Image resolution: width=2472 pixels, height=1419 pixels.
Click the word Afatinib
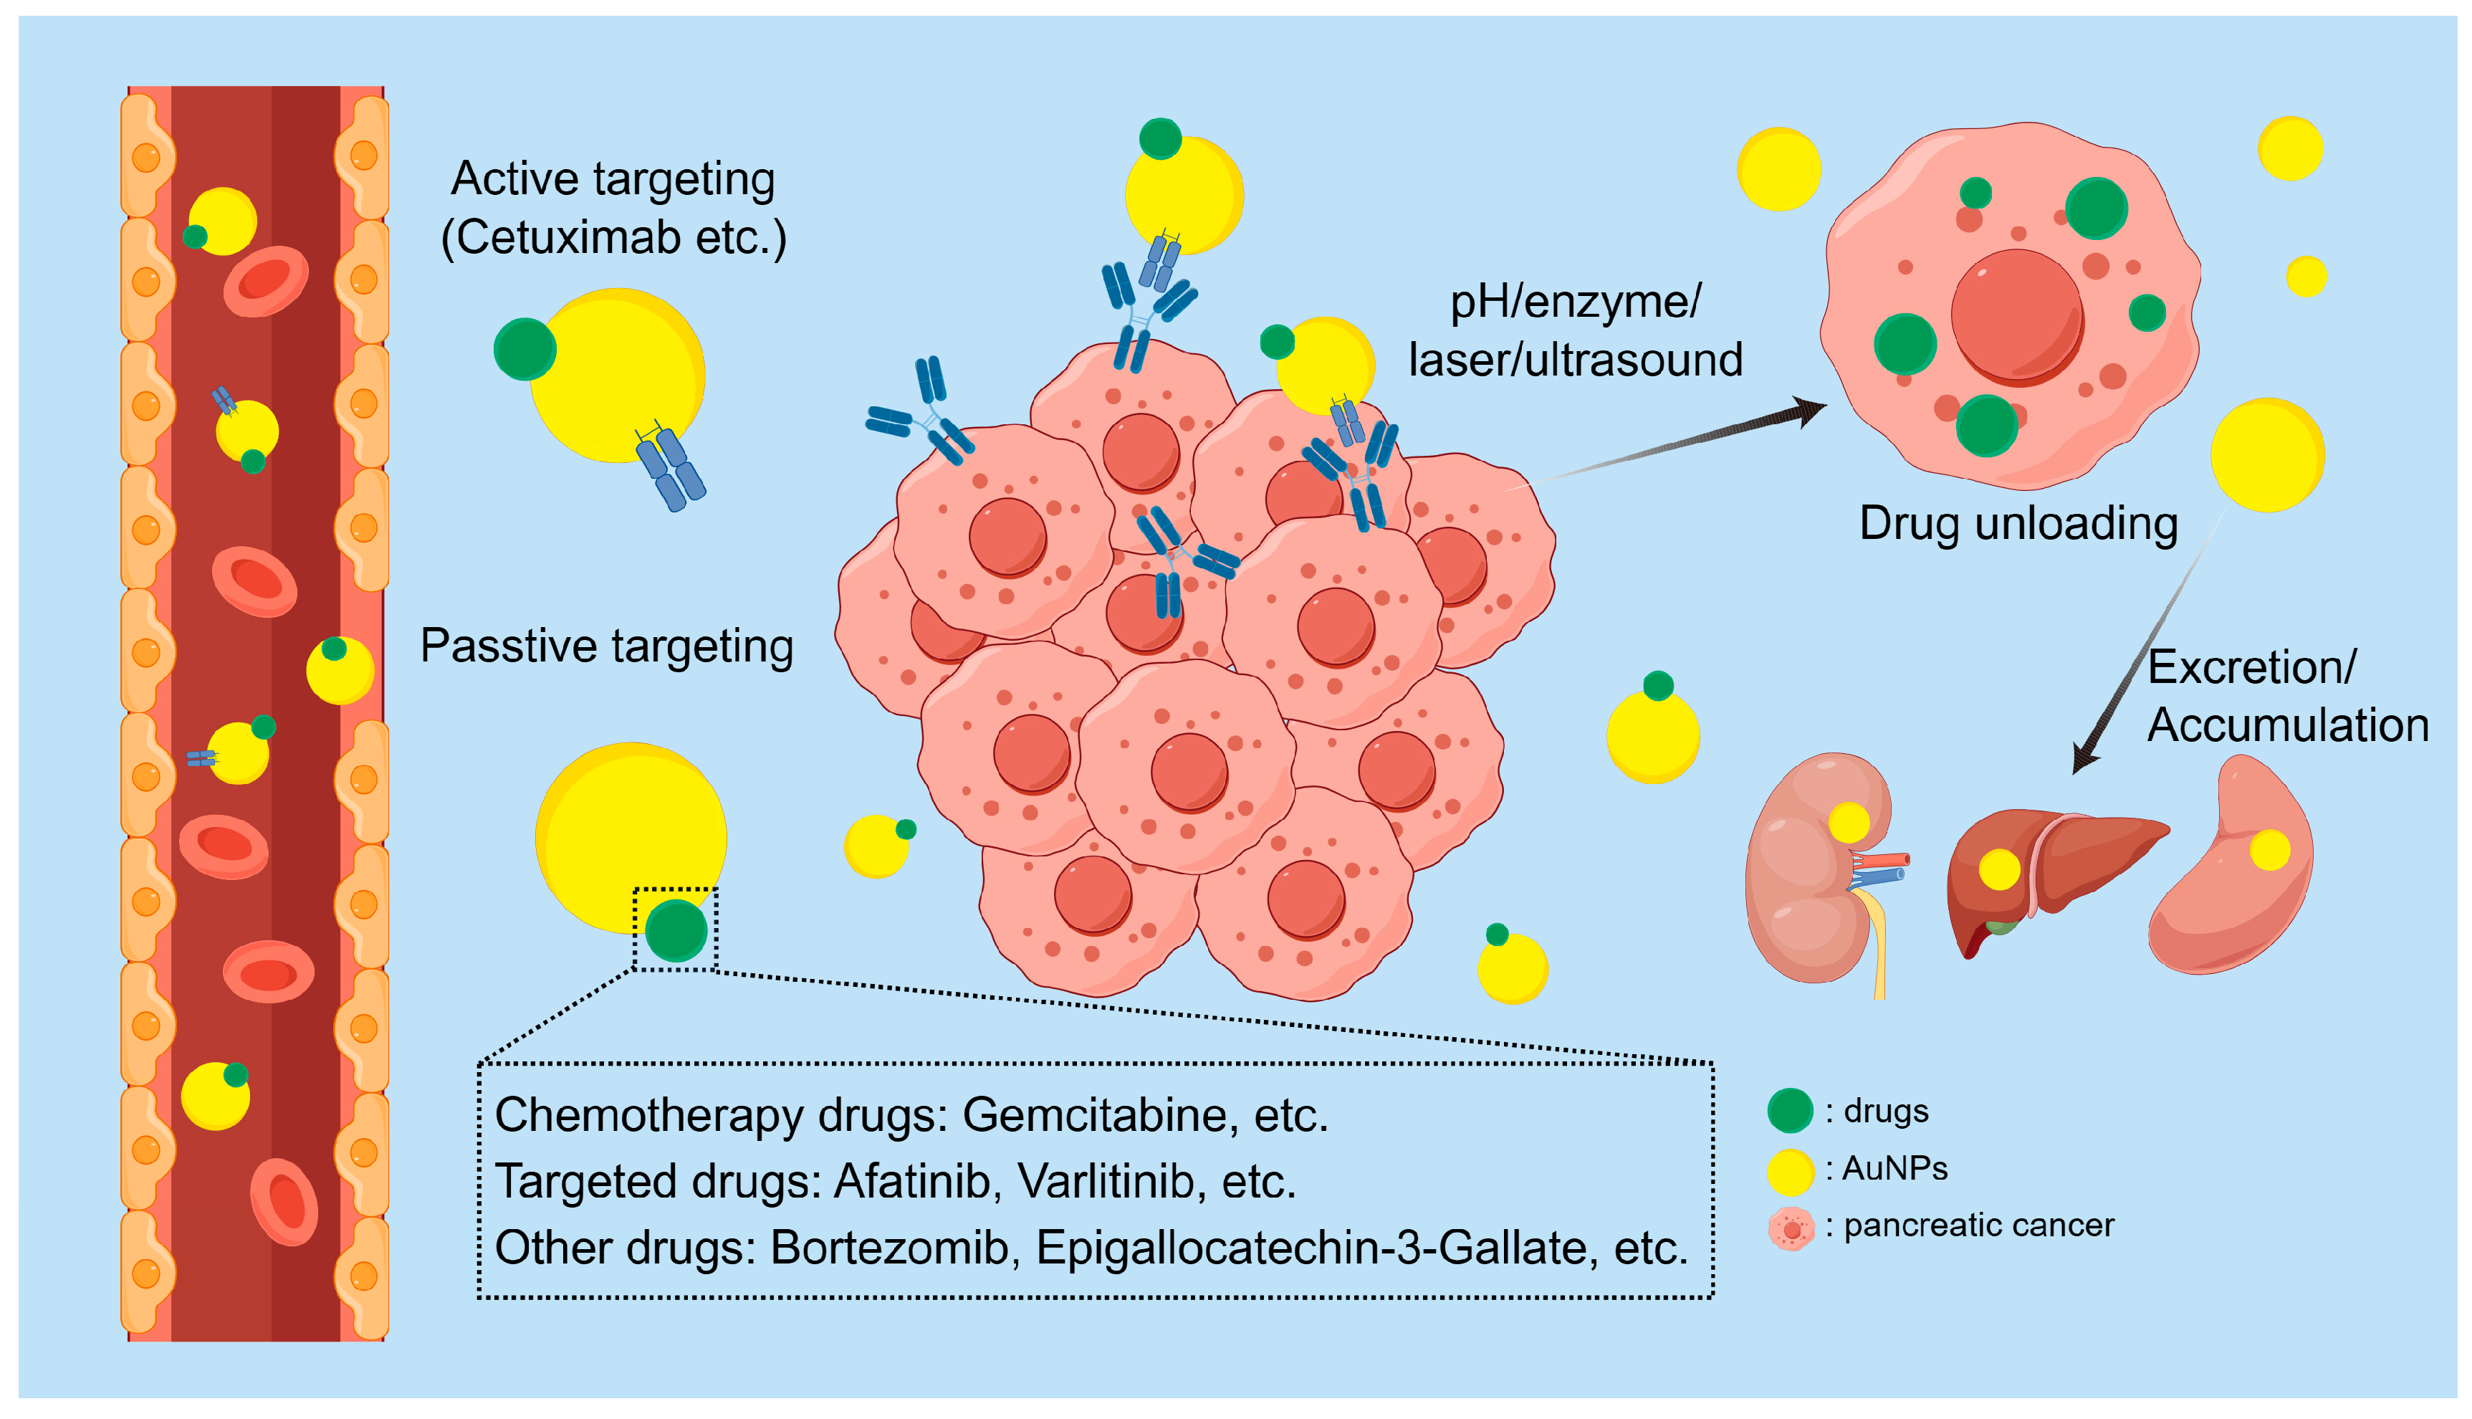tap(912, 1181)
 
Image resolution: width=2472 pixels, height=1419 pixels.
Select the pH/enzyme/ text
tap(1575, 301)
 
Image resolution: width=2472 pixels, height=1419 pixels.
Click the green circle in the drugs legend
tap(1789, 1111)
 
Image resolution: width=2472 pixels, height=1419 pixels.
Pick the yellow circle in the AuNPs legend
tap(1789, 1170)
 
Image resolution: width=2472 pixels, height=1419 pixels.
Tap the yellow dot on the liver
tap(1998, 869)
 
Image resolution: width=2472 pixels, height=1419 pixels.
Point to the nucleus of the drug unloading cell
tap(2017, 315)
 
